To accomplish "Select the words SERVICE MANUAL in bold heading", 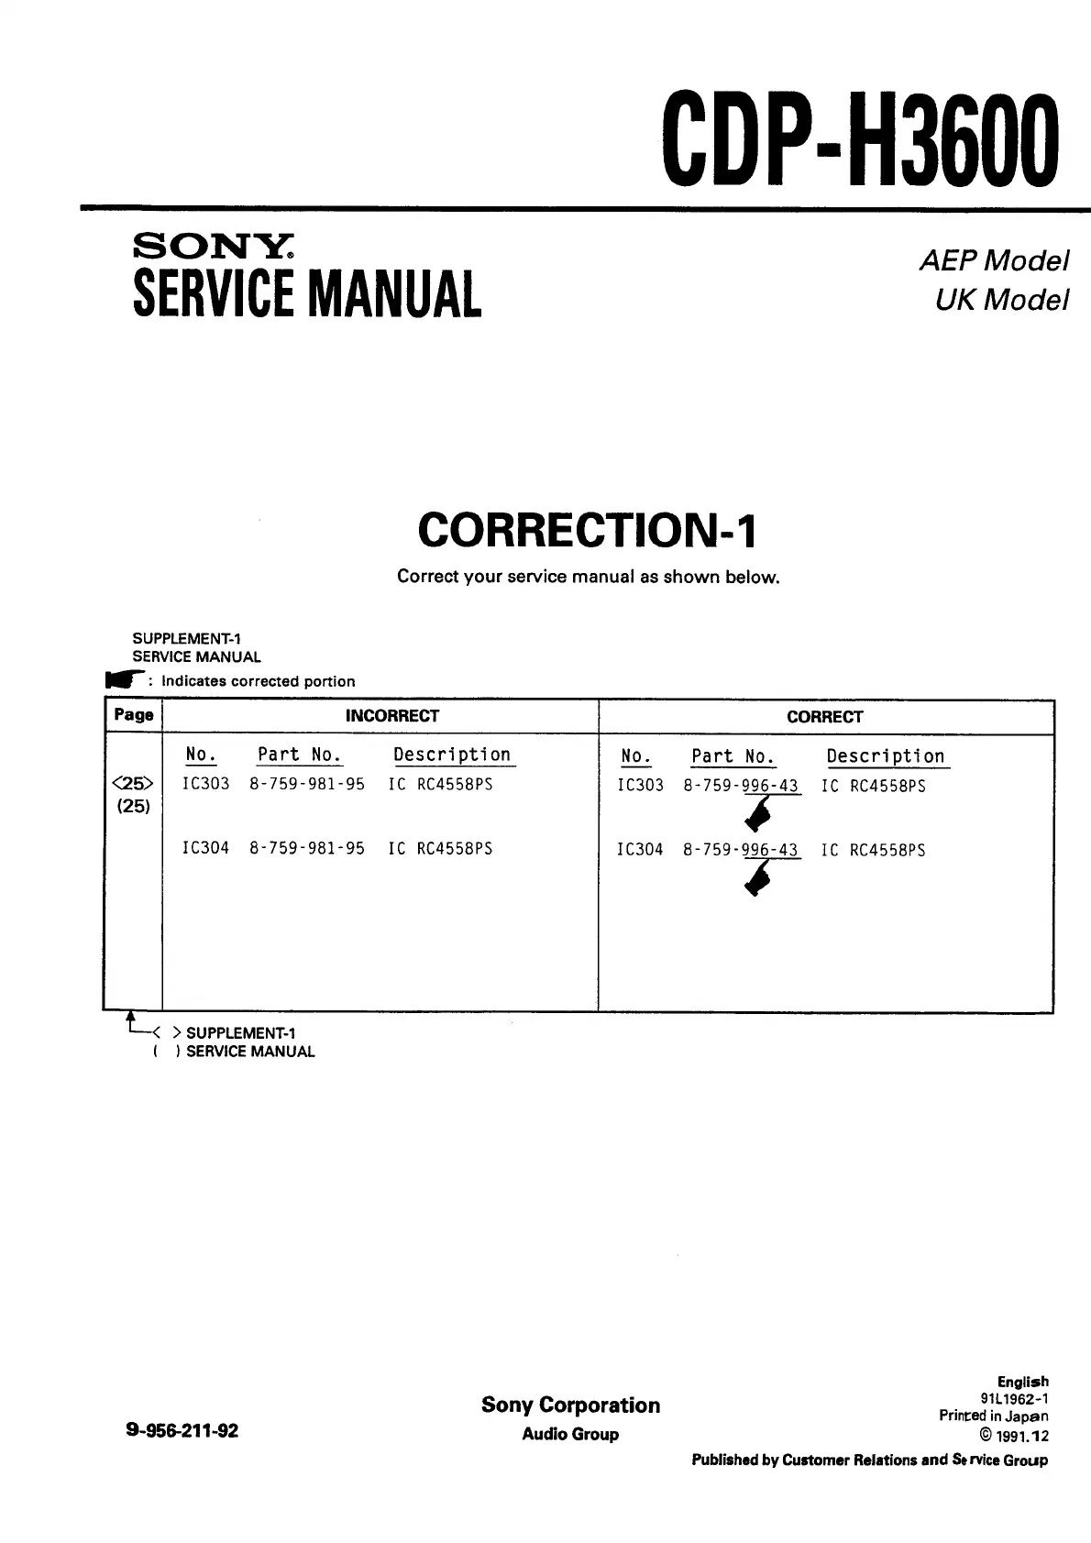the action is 307,294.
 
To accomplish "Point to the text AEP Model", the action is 994,261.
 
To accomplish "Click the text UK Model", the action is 1001,300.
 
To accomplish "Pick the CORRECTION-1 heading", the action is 588,530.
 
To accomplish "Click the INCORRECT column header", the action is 391,716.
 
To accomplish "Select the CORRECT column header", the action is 824,717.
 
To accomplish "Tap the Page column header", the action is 133,715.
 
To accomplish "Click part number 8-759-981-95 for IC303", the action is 307,784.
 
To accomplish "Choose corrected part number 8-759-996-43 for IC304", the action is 741,850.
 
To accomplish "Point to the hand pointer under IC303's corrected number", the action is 757,812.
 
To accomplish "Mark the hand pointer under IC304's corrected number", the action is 757,878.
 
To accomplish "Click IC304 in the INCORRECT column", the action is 205,848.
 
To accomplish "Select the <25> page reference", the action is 133,784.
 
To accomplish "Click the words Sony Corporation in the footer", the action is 570,1405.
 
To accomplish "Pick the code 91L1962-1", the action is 1014,1398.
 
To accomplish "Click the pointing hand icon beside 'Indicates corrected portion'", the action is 125,679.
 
